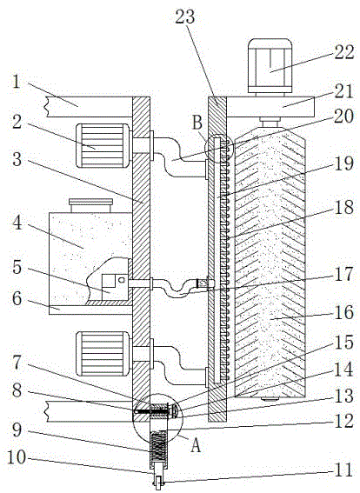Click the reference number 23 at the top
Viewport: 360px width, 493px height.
(185, 17)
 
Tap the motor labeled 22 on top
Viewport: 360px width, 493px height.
(270, 66)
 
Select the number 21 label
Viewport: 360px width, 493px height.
(343, 91)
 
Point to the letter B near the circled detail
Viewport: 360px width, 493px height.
(197, 123)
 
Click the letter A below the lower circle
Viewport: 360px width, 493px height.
(196, 445)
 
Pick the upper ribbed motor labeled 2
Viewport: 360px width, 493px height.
(103, 145)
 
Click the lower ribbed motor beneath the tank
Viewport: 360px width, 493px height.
(103, 353)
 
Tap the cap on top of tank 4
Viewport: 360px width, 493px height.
(90, 205)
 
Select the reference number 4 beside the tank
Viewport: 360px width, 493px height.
(17, 223)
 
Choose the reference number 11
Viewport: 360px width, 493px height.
(343, 470)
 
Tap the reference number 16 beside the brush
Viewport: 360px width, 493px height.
(344, 312)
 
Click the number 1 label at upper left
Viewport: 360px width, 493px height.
(17, 83)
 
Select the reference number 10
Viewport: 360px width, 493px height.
(17, 457)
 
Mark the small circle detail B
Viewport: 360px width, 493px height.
(219, 148)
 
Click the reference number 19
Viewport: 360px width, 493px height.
(344, 163)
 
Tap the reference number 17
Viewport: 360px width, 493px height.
(343, 274)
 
